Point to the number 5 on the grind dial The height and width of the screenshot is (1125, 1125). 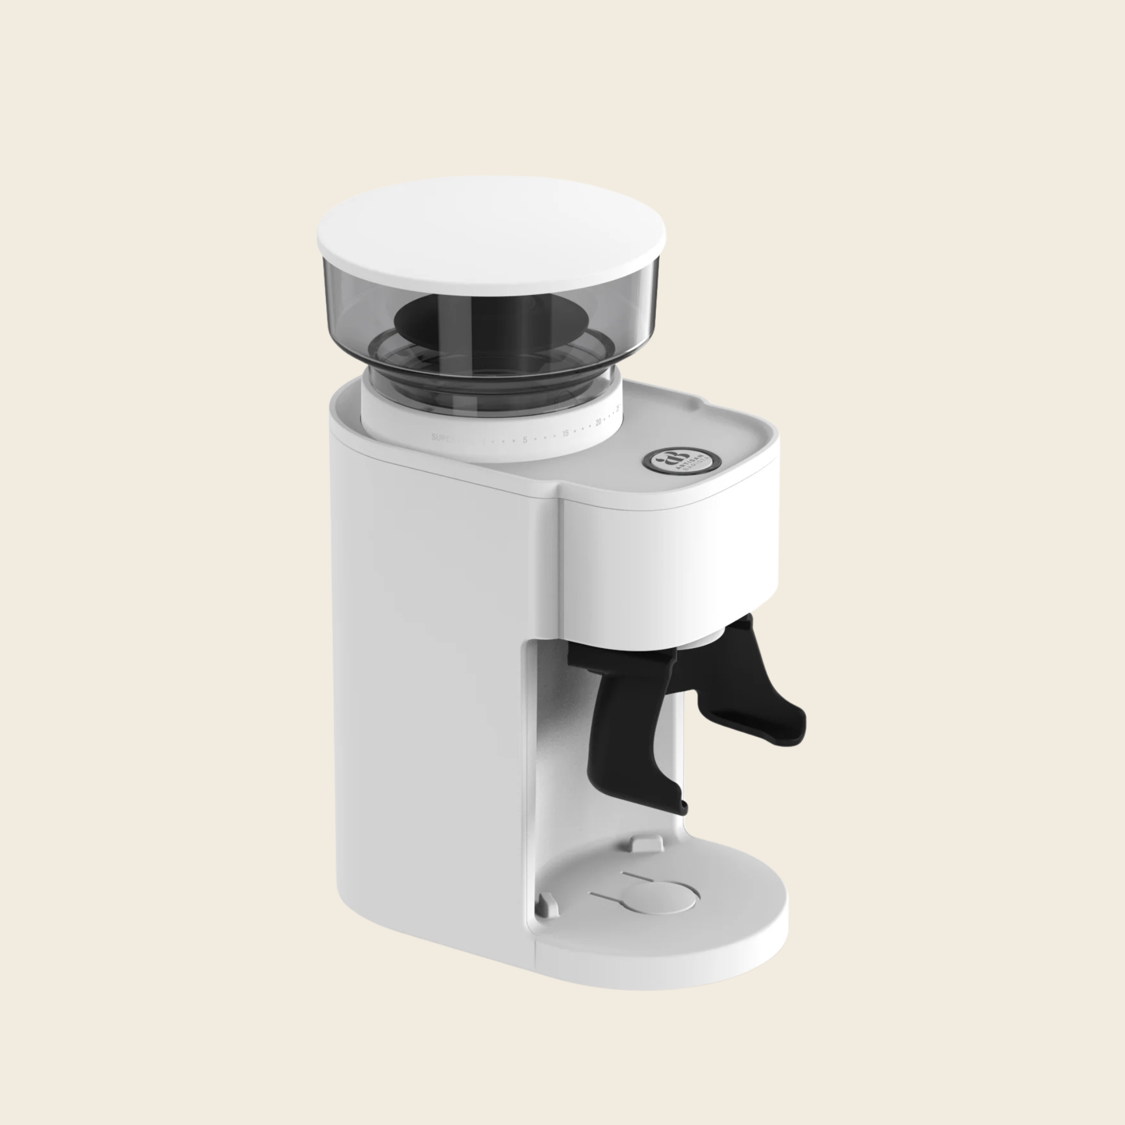point(525,439)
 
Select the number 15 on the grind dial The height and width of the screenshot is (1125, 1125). point(565,433)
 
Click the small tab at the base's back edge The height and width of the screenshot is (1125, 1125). point(647,842)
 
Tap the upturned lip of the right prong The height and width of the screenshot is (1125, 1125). point(798,725)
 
